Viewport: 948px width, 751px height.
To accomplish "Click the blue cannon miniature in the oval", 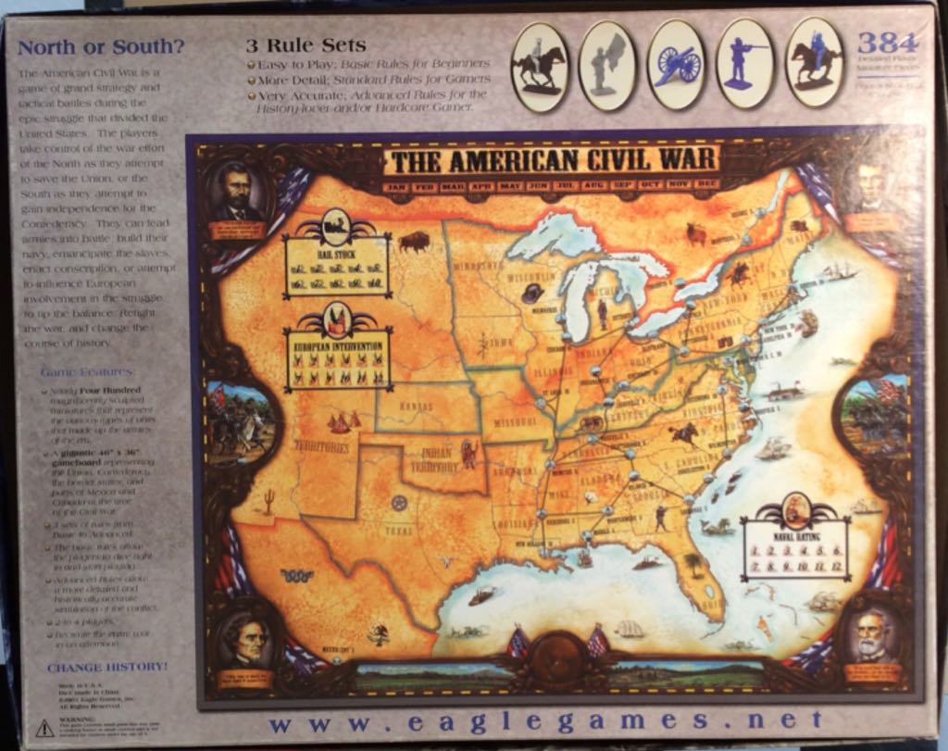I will [x=677, y=63].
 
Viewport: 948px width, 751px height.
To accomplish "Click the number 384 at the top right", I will [x=886, y=43].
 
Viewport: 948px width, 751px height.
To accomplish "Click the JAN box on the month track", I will [x=397, y=185].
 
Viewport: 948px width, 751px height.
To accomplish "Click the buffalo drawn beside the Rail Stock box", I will [x=414, y=242].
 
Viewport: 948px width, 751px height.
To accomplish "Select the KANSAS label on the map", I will [x=415, y=407].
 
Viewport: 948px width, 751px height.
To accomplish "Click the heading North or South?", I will [x=101, y=46].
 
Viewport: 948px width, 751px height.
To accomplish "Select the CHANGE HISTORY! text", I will [x=107, y=666].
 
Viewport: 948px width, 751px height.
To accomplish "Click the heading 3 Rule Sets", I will [x=306, y=44].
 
